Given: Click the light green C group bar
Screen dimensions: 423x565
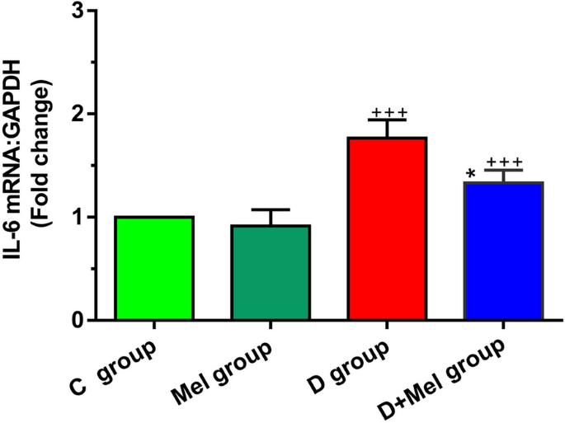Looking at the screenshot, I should tap(154, 268).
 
